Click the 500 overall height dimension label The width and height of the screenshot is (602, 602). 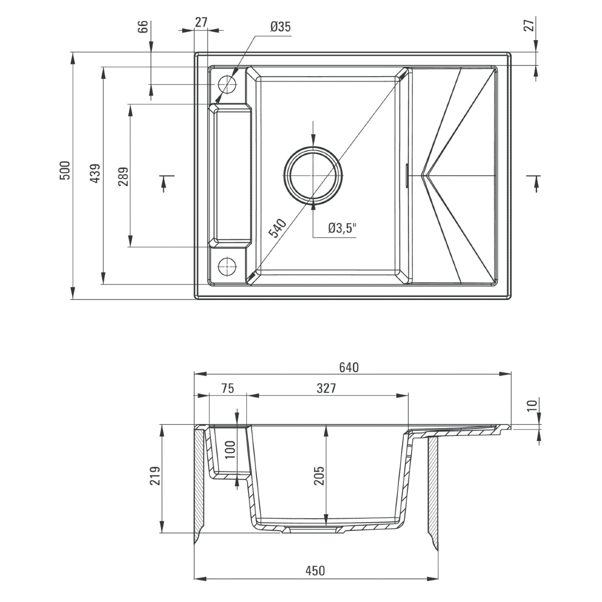point(66,171)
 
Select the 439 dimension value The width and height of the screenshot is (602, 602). point(95,174)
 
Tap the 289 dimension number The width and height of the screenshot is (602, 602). point(123,177)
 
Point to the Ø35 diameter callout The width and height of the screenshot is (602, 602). point(280,27)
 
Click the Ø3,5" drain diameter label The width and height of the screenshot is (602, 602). point(342,228)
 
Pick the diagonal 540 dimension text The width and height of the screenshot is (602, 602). point(277,228)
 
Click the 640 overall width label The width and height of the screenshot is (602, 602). point(349,368)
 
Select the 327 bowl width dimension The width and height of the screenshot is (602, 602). point(326,388)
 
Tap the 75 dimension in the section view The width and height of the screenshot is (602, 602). point(227,388)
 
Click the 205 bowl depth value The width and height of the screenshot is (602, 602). point(319,476)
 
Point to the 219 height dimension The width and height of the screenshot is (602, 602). point(155,476)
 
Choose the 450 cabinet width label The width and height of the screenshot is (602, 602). point(315,571)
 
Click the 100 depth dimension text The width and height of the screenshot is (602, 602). point(230,449)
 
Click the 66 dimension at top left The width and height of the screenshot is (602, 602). point(142,27)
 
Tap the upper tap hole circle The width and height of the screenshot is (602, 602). point(227,84)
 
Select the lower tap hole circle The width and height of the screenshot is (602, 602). point(227,266)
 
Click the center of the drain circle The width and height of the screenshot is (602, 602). point(314,175)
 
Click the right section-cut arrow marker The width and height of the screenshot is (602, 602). point(535,183)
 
